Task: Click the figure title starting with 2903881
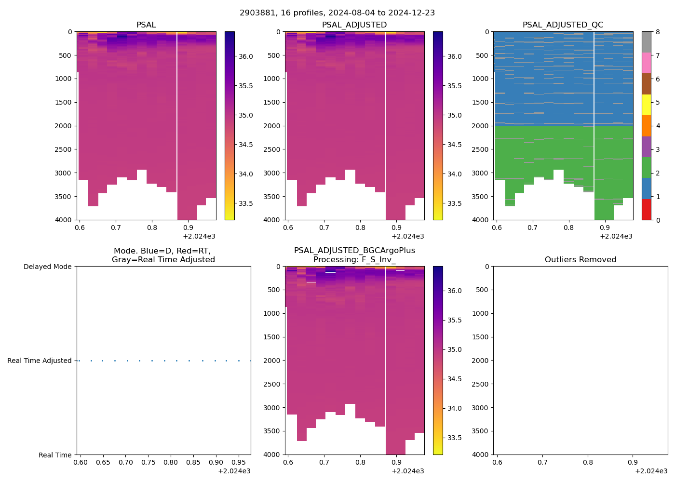(x=337, y=13)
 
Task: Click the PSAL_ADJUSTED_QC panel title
(x=563, y=25)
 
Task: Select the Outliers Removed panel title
(x=580, y=260)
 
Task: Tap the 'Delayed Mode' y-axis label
(x=47, y=267)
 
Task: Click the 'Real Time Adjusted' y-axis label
(x=40, y=361)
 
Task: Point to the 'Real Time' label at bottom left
(x=55, y=455)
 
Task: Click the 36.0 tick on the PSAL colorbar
(x=246, y=56)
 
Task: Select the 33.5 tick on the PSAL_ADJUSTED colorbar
(x=454, y=203)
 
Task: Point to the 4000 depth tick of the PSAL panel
(x=64, y=220)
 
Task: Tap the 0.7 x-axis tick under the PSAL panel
(x=116, y=228)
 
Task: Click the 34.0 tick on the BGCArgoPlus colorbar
(x=454, y=408)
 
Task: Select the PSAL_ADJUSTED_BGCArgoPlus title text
(x=354, y=251)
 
